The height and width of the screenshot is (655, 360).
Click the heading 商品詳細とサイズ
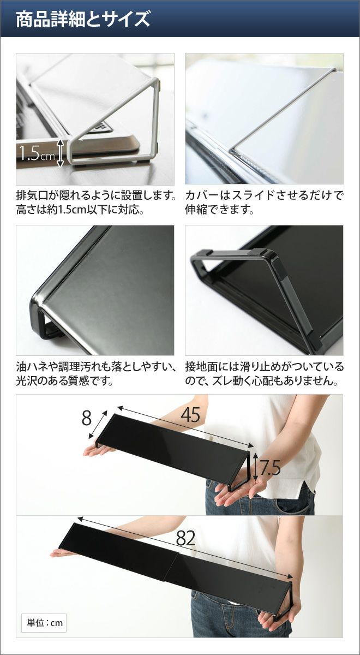click(83, 19)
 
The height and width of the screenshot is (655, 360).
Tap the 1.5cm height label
click(37, 153)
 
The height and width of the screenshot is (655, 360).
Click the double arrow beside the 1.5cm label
click(60, 153)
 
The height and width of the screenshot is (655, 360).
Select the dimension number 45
click(190, 414)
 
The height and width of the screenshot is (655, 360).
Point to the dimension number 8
click(87, 418)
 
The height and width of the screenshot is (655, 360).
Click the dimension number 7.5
click(270, 467)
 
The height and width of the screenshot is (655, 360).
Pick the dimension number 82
click(185, 538)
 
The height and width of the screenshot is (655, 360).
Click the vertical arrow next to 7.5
click(255, 467)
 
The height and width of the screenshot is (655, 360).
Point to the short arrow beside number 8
click(97, 424)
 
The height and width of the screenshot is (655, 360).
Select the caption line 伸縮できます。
click(219, 210)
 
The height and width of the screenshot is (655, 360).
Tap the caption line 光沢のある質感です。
click(64, 381)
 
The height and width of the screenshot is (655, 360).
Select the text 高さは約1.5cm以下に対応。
click(80, 210)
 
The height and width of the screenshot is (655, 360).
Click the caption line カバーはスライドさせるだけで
click(264, 195)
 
